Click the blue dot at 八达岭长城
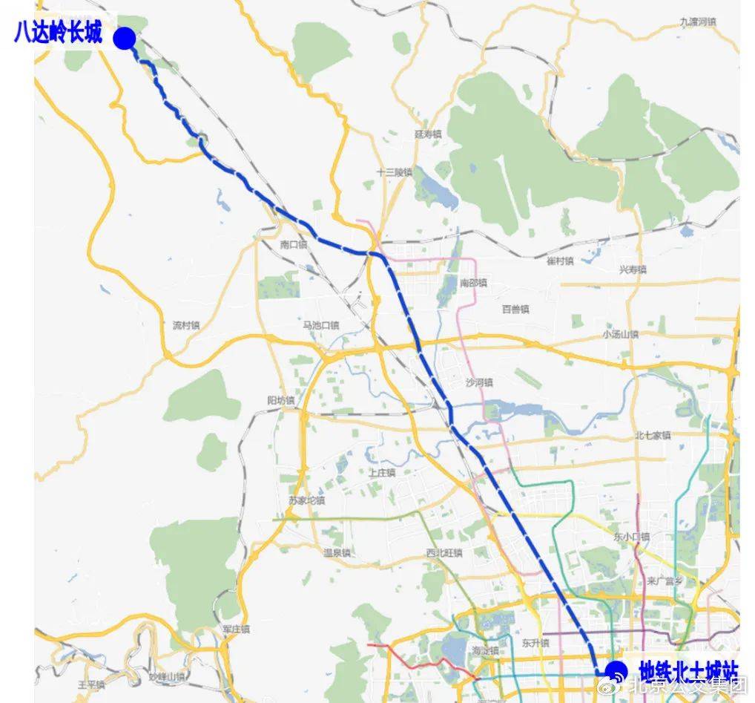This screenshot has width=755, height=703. click(x=125, y=38)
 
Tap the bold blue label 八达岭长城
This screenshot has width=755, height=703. click(x=58, y=34)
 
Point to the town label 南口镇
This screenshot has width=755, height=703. click(x=294, y=244)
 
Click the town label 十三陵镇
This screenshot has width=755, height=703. click(x=394, y=172)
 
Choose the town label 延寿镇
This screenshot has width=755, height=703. click(x=428, y=134)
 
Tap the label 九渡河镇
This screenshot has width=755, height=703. click(x=698, y=22)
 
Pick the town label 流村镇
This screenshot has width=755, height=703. click(x=186, y=325)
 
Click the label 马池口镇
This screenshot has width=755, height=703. click(x=320, y=325)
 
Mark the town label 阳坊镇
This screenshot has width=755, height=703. click(x=281, y=400)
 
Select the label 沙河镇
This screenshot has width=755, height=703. click(x=479, y=382)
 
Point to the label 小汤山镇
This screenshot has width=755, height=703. click(x=620, y=334)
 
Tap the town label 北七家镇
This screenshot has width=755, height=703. click(x=653, y=435)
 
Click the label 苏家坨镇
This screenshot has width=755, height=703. click(x=307, y=500)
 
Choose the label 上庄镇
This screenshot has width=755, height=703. click(x=382, y=472)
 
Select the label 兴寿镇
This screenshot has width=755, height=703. click(x=633, y=269)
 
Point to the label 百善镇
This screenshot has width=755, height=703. click(x=515, y=309)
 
